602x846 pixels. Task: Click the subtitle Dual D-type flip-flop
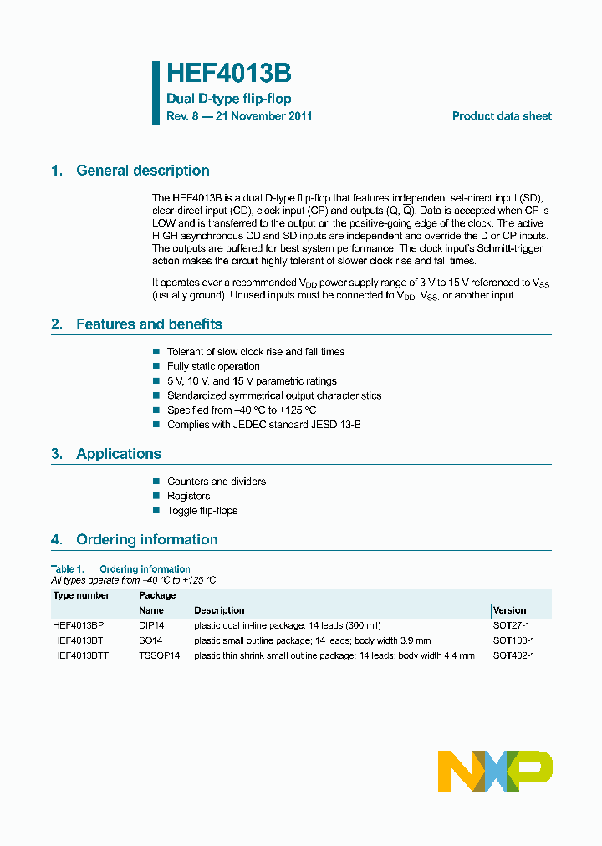(x=228, y=99)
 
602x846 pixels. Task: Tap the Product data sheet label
(x=502, y=116)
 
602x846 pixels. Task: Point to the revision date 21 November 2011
(x=263, y=116)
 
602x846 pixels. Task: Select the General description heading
(x=142, y=171)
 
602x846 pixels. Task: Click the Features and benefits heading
(x=149, y=324)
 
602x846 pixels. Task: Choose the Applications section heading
(x=118, y=454)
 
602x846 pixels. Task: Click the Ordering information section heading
(x=146, y=540)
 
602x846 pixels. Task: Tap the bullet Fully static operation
(x=213, y=367)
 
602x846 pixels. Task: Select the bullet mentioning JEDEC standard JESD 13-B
(x=263, y=425)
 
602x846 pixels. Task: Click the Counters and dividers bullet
(x=216, y=482)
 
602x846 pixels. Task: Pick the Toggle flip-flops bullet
(x=202, y=511)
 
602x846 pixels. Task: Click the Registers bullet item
(x=188, y=497)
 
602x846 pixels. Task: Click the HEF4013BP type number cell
(x=78, y=625)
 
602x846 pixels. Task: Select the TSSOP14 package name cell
(x=159, y=655)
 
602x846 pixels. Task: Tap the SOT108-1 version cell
(x=513, y=640)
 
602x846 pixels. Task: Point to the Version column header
(x=509, y=610)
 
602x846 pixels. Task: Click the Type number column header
(x=81, y=595)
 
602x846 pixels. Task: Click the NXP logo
(x=495, y=770)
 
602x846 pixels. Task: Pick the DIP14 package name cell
(x=152, y=625)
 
